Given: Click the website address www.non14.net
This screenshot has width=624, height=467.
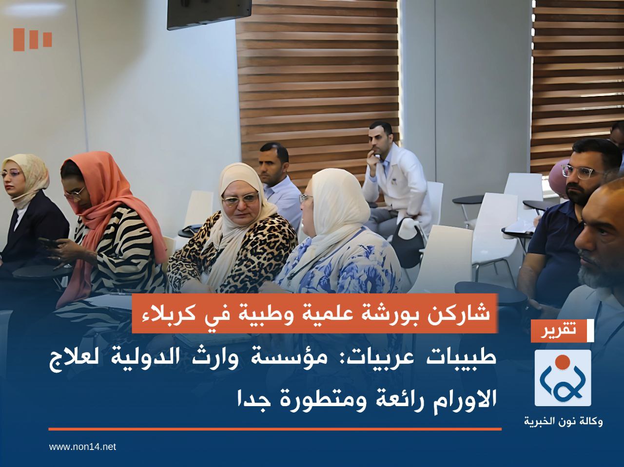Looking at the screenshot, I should point(82,447).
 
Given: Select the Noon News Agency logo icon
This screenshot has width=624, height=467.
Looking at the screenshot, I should point(563,378).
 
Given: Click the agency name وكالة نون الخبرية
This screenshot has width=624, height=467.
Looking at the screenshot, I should point(563,421).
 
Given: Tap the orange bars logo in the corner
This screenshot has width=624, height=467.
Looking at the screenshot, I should point(33,39).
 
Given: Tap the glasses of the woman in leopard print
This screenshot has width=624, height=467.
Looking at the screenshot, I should point(240,199).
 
